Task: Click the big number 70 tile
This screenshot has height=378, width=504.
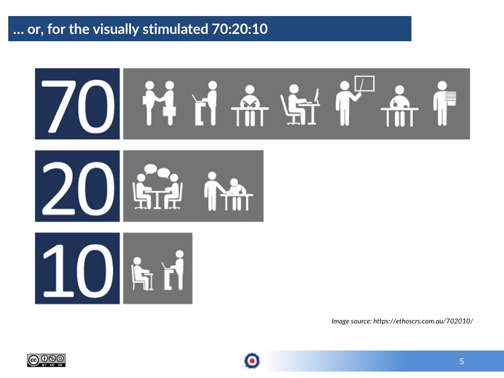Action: pos(77,104)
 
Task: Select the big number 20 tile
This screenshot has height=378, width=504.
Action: pos(77,186)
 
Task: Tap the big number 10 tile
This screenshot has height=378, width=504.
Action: pos(77,268)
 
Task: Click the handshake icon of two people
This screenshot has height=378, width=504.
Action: pos(159,103)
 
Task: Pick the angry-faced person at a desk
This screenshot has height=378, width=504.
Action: pos(250,105)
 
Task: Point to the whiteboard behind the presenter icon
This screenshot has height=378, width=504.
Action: pos(365,83)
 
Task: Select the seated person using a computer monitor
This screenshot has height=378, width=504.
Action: pos(300,104)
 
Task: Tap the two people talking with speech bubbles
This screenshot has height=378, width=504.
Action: pos(158,187)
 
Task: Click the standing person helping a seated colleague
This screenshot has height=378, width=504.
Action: pos(229,191)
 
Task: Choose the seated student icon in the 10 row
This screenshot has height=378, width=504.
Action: pos(142,274)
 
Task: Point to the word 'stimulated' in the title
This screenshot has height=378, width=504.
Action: pos(175,29)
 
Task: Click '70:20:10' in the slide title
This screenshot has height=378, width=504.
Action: pos(240,29)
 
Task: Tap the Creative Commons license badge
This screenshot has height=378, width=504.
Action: pos(46,360)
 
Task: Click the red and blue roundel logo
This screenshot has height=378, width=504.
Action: pos(252,361)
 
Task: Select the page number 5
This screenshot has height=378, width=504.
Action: pos(461,362)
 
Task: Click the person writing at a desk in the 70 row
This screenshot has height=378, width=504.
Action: pos(400,106)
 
